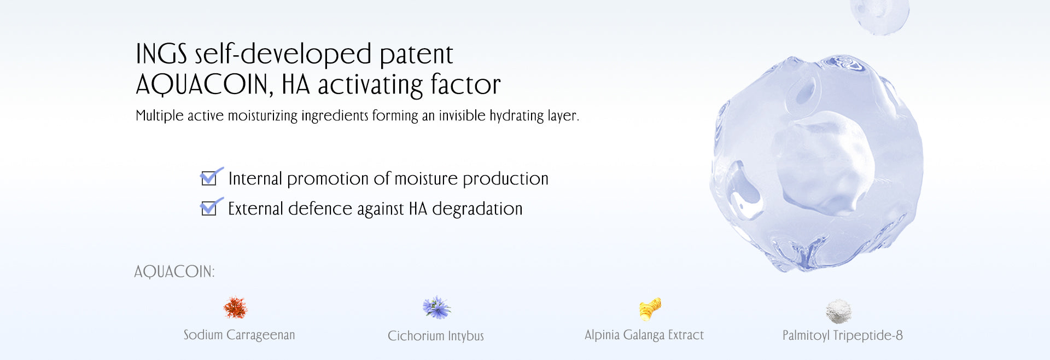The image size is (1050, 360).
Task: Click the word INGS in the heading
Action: click(x=161, y=54)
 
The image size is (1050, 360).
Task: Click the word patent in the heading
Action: click(x=416, y=55)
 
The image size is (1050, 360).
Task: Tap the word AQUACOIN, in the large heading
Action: click(x=204, y=85)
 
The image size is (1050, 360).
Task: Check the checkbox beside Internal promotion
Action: click(x=209, y=178)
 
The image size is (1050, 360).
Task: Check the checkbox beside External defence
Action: click(x=209, y=208)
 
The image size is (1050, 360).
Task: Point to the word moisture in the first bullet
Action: click(x=425, y=179)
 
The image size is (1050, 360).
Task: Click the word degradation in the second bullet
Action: click(x=477, y=209)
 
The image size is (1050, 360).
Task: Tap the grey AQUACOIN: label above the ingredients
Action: click(x=174, y=272)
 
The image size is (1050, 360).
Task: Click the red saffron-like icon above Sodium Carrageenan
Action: click(x=236, y=308)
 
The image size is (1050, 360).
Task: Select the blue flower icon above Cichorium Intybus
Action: click(x=436, y=308)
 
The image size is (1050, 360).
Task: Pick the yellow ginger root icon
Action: click(x=650, y=309)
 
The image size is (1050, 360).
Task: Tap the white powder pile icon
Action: click(x=838, y=311)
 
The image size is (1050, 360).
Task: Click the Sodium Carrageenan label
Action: click(x=239, y=335)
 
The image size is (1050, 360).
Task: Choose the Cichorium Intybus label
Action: click(x=436, y=336)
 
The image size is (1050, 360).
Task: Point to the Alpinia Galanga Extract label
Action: click(x=644, y=335)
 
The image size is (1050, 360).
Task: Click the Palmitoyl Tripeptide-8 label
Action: click(x=842, y=335)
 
